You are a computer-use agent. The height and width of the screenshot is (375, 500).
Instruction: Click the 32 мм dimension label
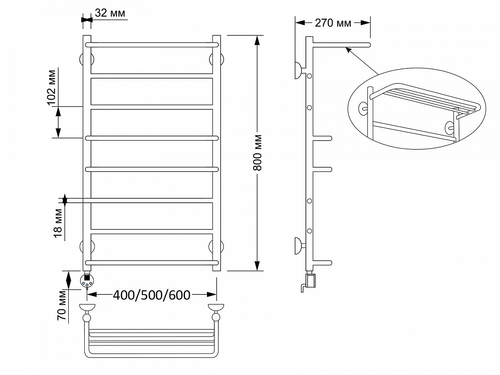pyautogui.click(x=110, y=13)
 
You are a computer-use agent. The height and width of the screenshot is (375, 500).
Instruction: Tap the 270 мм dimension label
pyautogui.click(x=333, y=23)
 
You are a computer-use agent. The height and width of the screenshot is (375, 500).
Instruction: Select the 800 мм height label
pyautogui.click(x=258, y=153)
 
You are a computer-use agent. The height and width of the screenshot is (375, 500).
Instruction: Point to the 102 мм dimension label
pyautogui.click(x=51, y=87)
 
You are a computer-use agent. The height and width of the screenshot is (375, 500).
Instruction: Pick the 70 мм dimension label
pyautogui.click(x=61, y=305)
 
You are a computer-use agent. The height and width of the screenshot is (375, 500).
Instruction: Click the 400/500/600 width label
pyautogui.click(x=151, y=295)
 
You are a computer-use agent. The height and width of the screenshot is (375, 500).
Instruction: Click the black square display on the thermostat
pyautogui.click(x=87, y=277)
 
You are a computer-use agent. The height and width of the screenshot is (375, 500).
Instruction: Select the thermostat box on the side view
pyautogui.click(x=311, y=281)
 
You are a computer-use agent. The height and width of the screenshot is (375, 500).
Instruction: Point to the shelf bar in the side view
pyautogui.click(x=341, y=45)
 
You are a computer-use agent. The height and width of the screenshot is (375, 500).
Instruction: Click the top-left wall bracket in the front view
pyautogui.click(x=86, y=60)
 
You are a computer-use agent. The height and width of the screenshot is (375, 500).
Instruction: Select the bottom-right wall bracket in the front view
pyautogui.click(x=216, y=247)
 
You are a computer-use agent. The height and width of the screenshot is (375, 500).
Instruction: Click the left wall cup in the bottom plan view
pyautogui.click(x=87, y=307)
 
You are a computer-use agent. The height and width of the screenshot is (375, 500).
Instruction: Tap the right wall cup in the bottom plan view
pyautogui.click(x=216, y=307)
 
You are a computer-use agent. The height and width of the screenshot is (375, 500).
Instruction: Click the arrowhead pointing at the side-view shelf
pyautogui.click(x=348, y=49)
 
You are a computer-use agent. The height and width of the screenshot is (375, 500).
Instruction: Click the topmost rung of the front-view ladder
pyautogui.click(x=152, y=45)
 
